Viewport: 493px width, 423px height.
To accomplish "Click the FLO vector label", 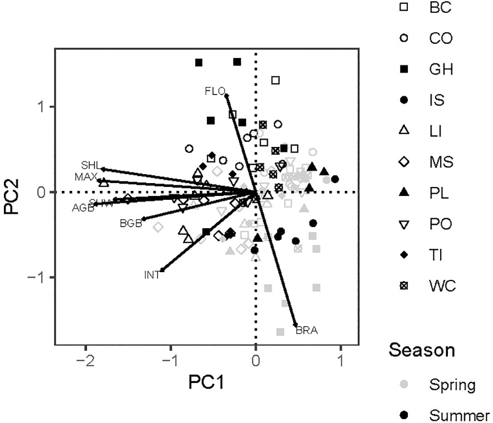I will [214, 90].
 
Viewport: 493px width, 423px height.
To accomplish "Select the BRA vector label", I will [307, 331].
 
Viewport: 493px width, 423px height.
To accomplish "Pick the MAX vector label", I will [86, 176].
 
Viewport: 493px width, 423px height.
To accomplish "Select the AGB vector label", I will [82, 208].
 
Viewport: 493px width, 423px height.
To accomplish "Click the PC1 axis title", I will [206, 383].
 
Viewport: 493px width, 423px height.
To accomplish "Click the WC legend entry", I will [442, 286].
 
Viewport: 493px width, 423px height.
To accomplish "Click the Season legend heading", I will [422, 350].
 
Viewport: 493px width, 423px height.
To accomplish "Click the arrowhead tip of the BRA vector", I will [295, 326].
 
